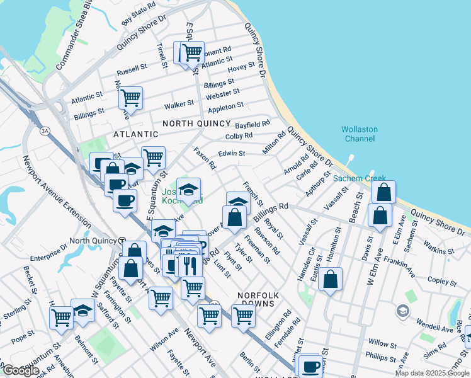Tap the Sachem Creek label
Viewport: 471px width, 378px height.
[x=358, y=178]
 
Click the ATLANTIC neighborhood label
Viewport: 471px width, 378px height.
[x=135, y=134]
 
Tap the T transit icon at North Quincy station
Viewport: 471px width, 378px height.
[x=123, y=241]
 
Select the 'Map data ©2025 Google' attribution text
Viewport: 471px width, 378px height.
[x=431, y=373]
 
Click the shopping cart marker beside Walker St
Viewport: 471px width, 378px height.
[x=130, y=98]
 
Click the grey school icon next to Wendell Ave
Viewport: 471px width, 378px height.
[x=402, y=311]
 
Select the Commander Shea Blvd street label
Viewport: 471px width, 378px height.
[x=75, y=35]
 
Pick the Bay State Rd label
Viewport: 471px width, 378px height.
[x=139, y=13]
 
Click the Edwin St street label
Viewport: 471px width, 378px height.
[x=231, y=153]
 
